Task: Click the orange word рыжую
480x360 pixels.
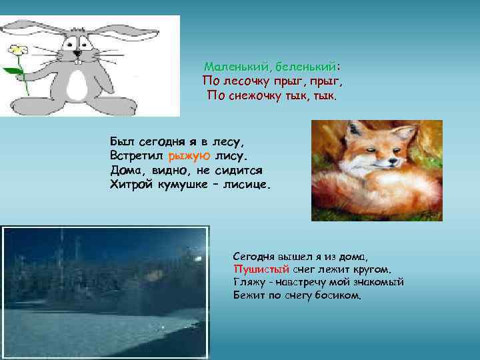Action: [190, 156]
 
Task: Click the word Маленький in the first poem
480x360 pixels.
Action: [236, 67]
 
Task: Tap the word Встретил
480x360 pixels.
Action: [137, 156]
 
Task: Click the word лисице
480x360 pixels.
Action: [245, 184]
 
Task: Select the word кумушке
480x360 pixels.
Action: [182, 184]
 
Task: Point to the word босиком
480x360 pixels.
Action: [339, 294]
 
